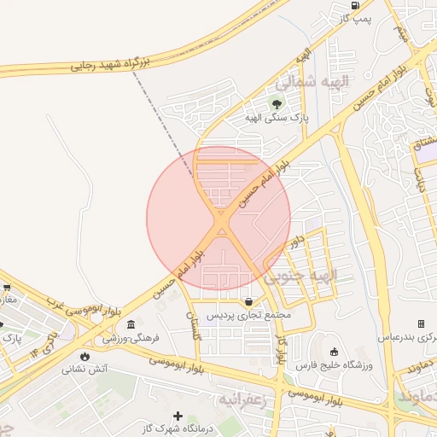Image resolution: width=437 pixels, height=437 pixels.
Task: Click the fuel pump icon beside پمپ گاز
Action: click(355, 5)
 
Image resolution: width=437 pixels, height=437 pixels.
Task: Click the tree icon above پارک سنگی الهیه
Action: click(276, 102)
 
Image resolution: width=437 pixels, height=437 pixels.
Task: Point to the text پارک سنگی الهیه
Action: click(276, 117)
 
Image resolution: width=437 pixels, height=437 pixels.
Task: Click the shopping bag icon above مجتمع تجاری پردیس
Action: click(248, 301)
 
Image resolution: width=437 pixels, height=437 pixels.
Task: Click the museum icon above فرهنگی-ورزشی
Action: click(130, 324)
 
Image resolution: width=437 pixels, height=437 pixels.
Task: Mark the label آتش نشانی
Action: click(84, 370)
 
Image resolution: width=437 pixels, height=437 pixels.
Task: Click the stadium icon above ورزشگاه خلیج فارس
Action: click(334, 352)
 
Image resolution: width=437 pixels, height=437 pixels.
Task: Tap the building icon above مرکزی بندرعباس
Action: click(421, 323)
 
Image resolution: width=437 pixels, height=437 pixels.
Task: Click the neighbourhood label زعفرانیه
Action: click(247, 399)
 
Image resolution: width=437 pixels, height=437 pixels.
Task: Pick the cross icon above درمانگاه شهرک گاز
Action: click(178, 416)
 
